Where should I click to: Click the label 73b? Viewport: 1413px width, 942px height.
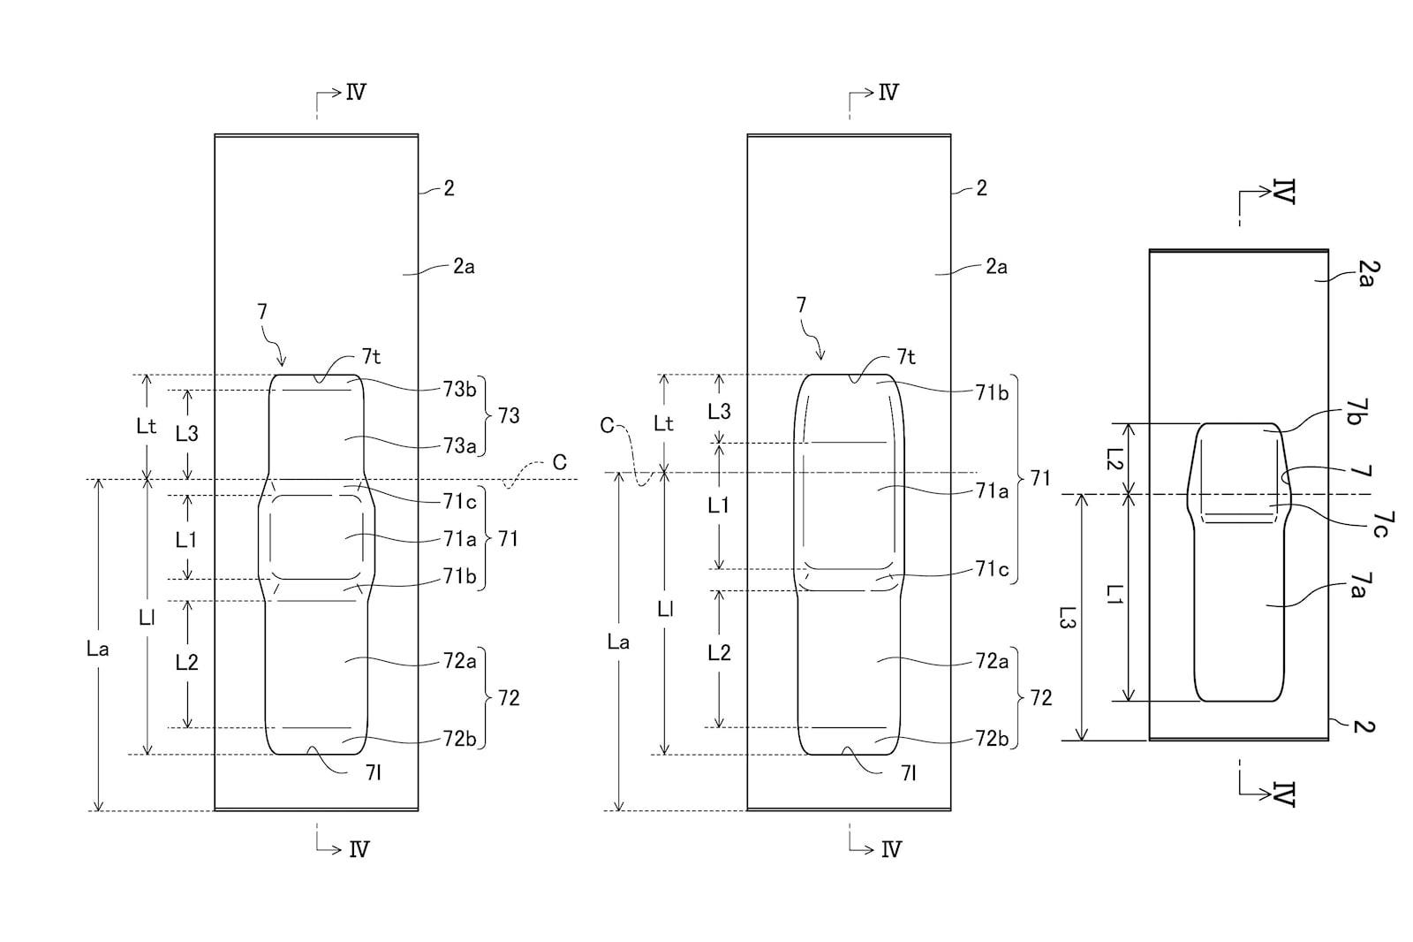pyautogui.click(x=459, y=389)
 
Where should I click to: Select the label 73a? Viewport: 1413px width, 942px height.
pyautogui.click(x=459, y=445)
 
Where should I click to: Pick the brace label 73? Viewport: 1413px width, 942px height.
pyautogui.click(x=509, y=415)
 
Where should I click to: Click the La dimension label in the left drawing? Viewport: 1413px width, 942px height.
pyautogui.click(x=98, y=649)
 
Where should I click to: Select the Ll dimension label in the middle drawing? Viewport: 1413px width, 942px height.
pyautogui.click(x=665, y=609)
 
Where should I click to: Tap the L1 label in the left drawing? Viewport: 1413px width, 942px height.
pyautogui.click(x=186, y=539)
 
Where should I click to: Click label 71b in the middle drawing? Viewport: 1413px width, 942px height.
pyautogui.click(x=992, y=392)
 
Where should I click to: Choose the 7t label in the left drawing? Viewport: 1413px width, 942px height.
pyautogui.click(x=371, y=357)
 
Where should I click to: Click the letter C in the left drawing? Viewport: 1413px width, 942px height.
pyautogui.click(x=560, y=463)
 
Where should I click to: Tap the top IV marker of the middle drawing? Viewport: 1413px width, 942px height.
pyautogui.click(x=888, y=93)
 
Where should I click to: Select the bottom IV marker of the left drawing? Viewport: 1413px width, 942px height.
pyautogui.click(x=359, y=849)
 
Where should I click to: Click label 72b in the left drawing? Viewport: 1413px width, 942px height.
pyautogui.click(x=459, y=738)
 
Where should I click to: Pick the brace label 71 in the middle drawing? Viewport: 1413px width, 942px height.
pyautogui.click(x=1041, y=478)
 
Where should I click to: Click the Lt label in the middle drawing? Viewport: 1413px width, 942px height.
pyautogui.click(x=663, y=423)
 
